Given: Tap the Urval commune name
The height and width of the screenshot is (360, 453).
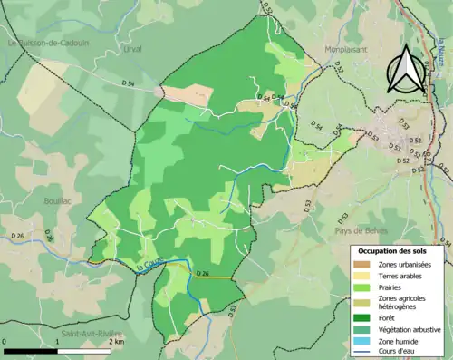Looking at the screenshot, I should coord(131,50).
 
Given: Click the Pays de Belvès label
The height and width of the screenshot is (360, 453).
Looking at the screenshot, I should coord(337,230).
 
